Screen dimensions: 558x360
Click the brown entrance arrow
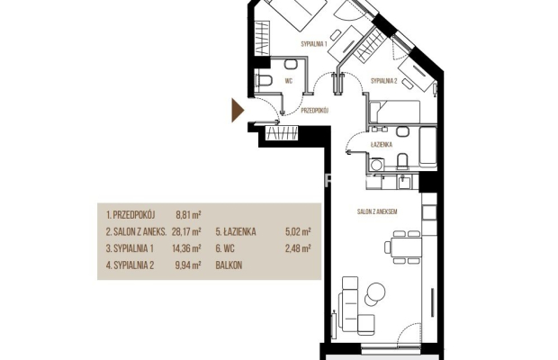238,111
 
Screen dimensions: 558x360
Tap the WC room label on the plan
289,81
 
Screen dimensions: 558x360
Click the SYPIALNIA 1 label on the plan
314,44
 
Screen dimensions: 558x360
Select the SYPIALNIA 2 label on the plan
383,81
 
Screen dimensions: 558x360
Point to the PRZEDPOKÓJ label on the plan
315,111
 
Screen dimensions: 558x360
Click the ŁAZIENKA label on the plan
381,144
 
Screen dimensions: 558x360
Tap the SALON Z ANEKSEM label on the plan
377,211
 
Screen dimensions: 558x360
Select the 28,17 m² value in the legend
186,232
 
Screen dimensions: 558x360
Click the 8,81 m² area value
189,215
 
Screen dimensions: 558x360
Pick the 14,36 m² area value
186,248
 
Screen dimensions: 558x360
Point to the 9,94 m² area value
189,265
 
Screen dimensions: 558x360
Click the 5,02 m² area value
298,232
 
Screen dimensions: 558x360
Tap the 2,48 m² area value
298,248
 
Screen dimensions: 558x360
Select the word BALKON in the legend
229,265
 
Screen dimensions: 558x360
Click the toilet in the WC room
264,81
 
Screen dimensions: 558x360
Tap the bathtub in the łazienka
427,147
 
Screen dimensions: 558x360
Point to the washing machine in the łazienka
376,165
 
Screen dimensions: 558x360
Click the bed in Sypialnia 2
395,111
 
